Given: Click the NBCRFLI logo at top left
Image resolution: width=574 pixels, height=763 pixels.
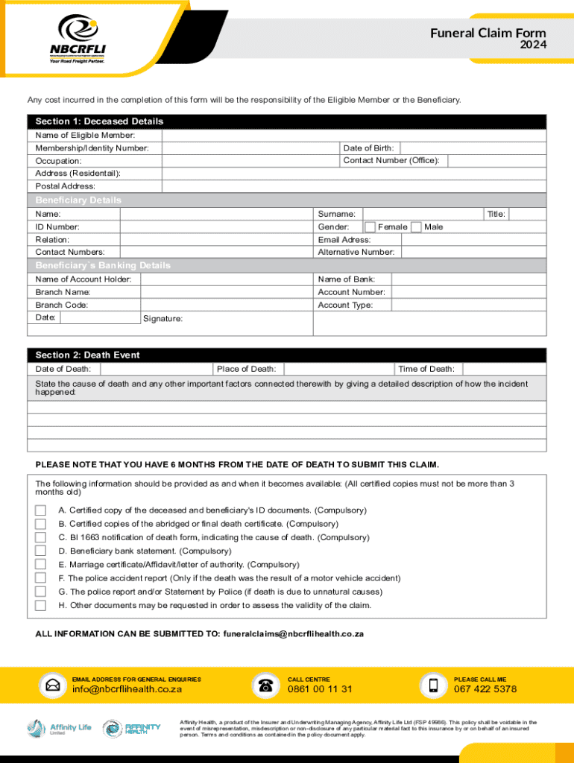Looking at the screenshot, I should click(x=78, y=39).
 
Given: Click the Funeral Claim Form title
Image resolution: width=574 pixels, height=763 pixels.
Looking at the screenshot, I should click(x=488, y=34).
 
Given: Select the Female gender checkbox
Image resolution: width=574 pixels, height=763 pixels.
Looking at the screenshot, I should click(x=369, y=227).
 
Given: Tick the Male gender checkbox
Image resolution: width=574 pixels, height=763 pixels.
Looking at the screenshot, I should click(x=416, y=227).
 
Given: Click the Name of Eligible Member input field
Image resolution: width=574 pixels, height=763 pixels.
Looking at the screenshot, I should click(x=354, y=135).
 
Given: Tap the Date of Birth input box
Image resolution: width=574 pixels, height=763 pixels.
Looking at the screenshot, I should click(x=473, y=148).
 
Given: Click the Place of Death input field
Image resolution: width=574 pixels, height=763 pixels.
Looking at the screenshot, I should click(x=339, y=369).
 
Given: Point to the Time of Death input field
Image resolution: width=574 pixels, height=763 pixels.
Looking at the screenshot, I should click(x=504, y=369).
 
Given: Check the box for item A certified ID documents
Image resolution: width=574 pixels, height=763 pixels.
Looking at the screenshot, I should click(x=40, y=510).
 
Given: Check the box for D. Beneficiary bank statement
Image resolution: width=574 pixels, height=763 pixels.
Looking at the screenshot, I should click(x=40, y=551).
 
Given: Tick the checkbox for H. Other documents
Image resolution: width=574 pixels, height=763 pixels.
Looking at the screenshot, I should click(x=40, y=605).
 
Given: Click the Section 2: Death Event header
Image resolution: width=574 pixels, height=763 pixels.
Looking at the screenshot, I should click(x=88, y=355).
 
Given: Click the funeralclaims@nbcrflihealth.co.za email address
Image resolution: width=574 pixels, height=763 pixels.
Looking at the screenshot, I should click(x=293, y=633).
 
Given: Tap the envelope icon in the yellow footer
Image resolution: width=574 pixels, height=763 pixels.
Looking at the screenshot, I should click(x=53, y=686).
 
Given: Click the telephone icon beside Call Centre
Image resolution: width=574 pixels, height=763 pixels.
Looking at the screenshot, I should click(x=265, y=686).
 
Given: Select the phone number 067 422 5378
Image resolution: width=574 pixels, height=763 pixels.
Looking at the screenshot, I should click(x=485, y=689).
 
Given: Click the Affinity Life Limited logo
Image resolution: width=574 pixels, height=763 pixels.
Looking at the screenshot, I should click(x=59, y=728).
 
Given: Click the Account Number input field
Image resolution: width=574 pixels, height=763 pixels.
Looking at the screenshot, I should click(x=469, y=292).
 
